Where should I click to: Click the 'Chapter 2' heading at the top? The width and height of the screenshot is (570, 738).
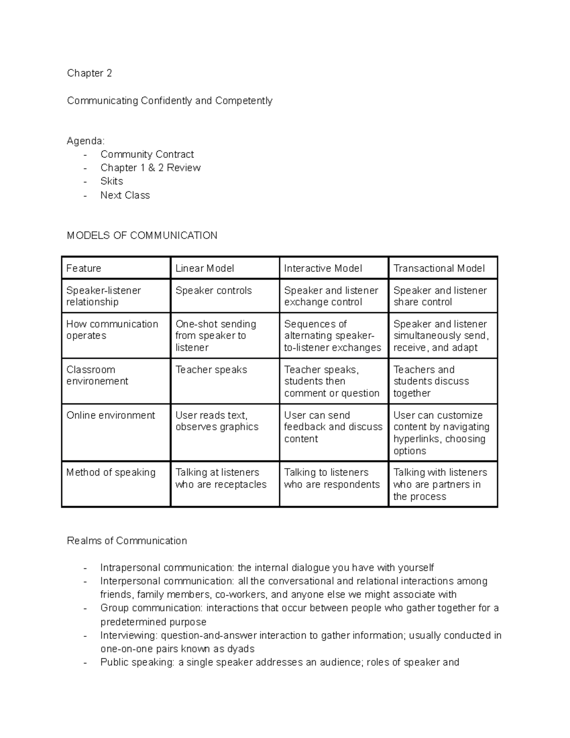coord(89,73)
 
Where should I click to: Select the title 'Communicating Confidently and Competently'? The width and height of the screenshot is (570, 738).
coord(170,101)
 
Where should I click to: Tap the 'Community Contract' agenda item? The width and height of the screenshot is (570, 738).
coord(147,154)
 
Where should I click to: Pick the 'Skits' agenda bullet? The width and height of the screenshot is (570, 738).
coord(112,181)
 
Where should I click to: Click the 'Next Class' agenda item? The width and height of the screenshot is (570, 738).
coord(125,195)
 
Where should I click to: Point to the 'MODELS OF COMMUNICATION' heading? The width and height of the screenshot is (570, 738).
coord(142,236)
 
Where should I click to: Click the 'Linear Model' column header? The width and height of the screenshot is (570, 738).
coord(204,268)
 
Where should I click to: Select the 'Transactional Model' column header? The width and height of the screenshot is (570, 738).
coord(439,268)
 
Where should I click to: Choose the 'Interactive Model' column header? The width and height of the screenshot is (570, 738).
coord(323,268)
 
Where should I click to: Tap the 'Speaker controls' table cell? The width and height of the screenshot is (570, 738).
coord(213,291)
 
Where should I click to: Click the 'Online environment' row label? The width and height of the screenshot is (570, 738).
coord(111,415)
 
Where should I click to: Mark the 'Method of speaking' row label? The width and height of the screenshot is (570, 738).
coord(111,472)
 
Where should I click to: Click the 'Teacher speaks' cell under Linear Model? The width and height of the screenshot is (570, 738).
coord(211,370)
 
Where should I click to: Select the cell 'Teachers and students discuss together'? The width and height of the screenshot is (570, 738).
coord(431,381)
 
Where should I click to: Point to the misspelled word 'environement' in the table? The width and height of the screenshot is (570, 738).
coord(97,381)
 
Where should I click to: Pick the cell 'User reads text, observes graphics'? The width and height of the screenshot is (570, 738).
coord(217,421)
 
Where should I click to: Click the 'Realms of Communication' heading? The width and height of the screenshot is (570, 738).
coord(127,541)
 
